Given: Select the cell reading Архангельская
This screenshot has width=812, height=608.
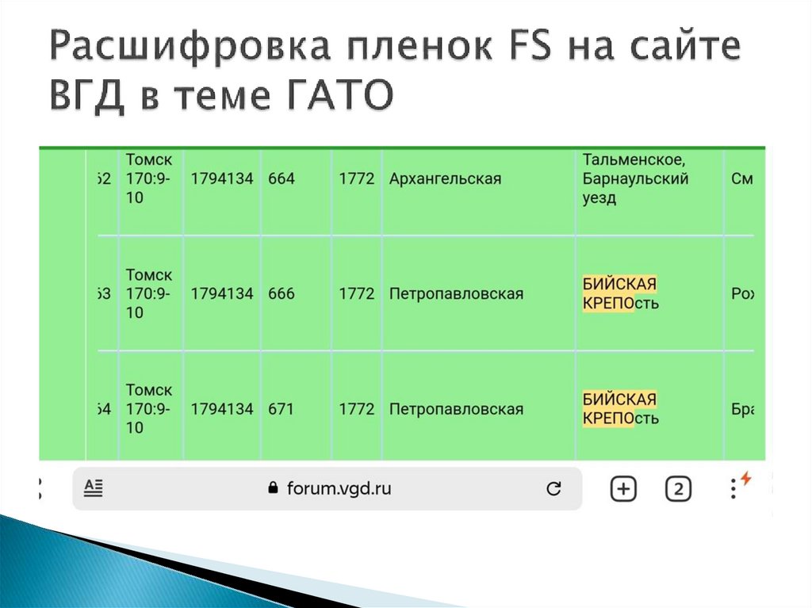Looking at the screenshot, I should point(445,179).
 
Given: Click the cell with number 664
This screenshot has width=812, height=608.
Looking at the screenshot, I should point(282,179).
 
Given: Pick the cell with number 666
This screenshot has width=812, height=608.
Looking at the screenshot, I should point(282,294).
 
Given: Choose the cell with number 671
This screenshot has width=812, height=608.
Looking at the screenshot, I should point(281,409).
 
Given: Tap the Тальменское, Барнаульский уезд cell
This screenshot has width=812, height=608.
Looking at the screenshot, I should point(635,179).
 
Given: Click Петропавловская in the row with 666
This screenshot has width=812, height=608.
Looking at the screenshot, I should point(456,294).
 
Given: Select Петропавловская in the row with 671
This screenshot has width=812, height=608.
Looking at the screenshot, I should point(456,409).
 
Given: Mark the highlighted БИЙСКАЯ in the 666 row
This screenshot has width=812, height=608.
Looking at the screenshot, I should point(619,284).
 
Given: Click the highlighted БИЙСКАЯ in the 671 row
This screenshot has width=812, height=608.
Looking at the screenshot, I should point(619,399).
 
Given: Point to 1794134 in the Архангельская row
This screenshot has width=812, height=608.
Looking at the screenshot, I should point(222,179).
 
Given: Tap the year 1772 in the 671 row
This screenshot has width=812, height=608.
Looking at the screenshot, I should point(357,409).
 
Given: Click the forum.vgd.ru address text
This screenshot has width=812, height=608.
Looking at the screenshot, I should point(339,488).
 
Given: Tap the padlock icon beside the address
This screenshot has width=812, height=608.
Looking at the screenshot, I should point(274,488).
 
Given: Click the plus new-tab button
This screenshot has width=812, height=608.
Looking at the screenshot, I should point(623,489).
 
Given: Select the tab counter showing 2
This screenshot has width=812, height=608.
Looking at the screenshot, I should point(677,489).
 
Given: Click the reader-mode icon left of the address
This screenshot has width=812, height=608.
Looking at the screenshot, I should point(94,488).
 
